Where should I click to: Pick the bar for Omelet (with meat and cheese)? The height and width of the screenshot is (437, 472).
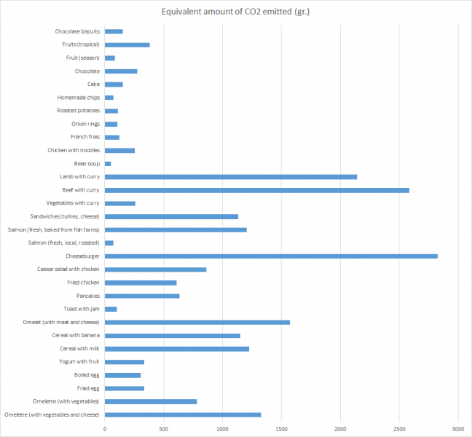[x=197, y=322]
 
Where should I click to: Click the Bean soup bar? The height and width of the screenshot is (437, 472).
[x=108, y=164]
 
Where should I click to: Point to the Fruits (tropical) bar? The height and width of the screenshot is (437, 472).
[x=127, y=44]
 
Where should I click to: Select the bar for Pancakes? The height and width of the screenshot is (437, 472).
[x=142, y=296]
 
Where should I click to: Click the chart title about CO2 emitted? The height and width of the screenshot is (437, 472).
[x=235, y=12]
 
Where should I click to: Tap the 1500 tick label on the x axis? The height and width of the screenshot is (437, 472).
[x=282, y=428]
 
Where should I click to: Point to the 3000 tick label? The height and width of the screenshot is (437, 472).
[x=458, y=428]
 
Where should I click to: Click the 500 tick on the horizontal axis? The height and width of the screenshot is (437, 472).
[x=164, y=428]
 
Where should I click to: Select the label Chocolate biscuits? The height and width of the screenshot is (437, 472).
[x=77, y=31]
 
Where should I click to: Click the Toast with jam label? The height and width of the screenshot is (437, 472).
[x=80, y=309]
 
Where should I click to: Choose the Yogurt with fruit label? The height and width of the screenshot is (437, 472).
[x=79, y=362]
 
